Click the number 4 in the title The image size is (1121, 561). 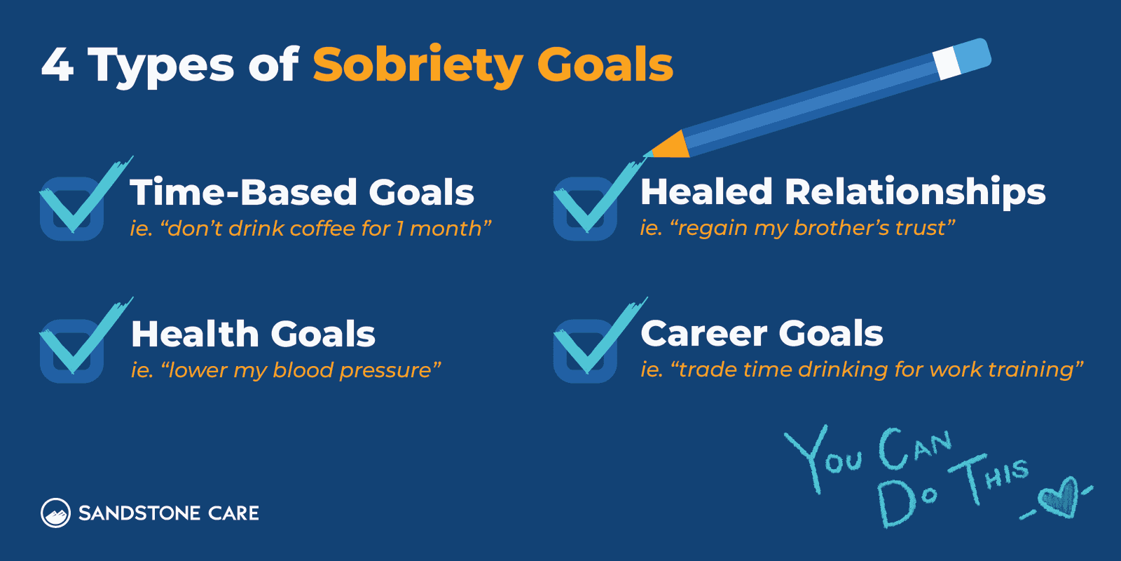pyautogui.click(x=58, y=65)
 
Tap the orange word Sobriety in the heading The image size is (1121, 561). pyautogui.click(x=417, y=66)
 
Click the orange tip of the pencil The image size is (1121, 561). pyautogui.click(x=669, y=146)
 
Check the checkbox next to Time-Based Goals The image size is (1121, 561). pyautogui.click(x=71, y=208)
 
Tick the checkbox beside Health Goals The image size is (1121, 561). pyautogui.click(x=71, y=351)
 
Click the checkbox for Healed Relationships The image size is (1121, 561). pyautogui.click(x=585, y=208)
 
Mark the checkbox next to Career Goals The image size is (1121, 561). pyautogui.click(x=585, y=351)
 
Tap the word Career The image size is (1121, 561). pyautogui.click(x=703, y=334)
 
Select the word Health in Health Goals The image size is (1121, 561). pyautogui.click(x=195, y=334)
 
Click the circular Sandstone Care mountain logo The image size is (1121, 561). pyautogui.click(x=55, y=513)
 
